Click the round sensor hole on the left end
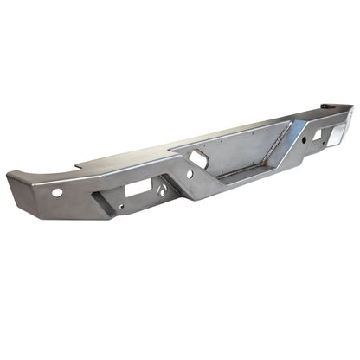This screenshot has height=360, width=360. [x=56, y=192]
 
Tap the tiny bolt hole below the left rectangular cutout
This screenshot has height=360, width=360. [x=120, y=207]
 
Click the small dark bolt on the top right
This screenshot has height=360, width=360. [x=326, y=106]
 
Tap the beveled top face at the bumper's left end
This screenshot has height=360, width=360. [x=35, y=177]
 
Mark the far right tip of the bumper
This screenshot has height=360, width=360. [x=353, y=108]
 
